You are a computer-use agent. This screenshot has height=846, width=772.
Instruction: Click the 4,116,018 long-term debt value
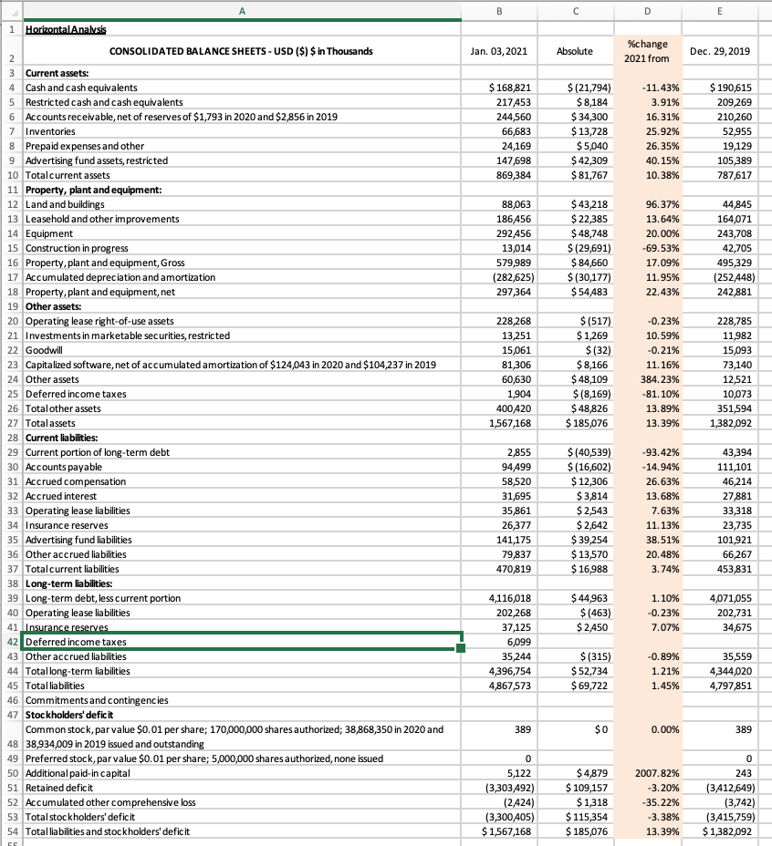coord(510,598)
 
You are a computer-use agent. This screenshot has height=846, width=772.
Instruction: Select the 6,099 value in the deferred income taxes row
coord(519,642)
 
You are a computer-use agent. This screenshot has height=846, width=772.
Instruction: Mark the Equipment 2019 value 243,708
coord(730,233)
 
